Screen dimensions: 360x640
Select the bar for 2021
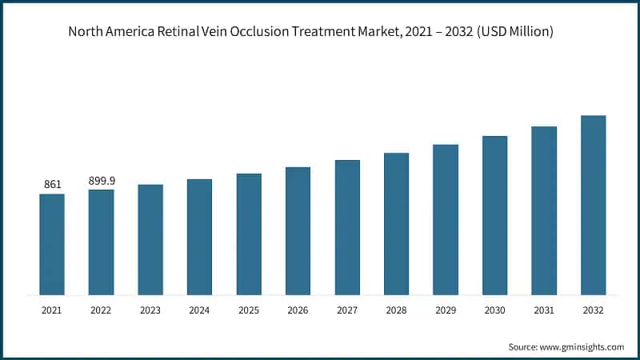[52, 244]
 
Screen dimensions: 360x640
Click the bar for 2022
[101, 242]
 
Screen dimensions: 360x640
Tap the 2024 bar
[199, 237]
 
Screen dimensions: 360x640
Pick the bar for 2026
[298, 230]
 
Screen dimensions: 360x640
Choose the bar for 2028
[396, 223]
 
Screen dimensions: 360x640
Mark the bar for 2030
[494, 215]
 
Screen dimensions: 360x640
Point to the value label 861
[53, 185]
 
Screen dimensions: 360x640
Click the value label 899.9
[101, 181]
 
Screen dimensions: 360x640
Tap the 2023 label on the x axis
[150, 309]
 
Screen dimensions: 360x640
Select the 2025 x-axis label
[249, 309]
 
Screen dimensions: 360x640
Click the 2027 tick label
[347, 309]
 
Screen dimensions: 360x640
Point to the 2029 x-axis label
[446, 309]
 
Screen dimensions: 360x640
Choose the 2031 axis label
[544, 309]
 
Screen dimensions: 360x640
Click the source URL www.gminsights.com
[583, 346]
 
